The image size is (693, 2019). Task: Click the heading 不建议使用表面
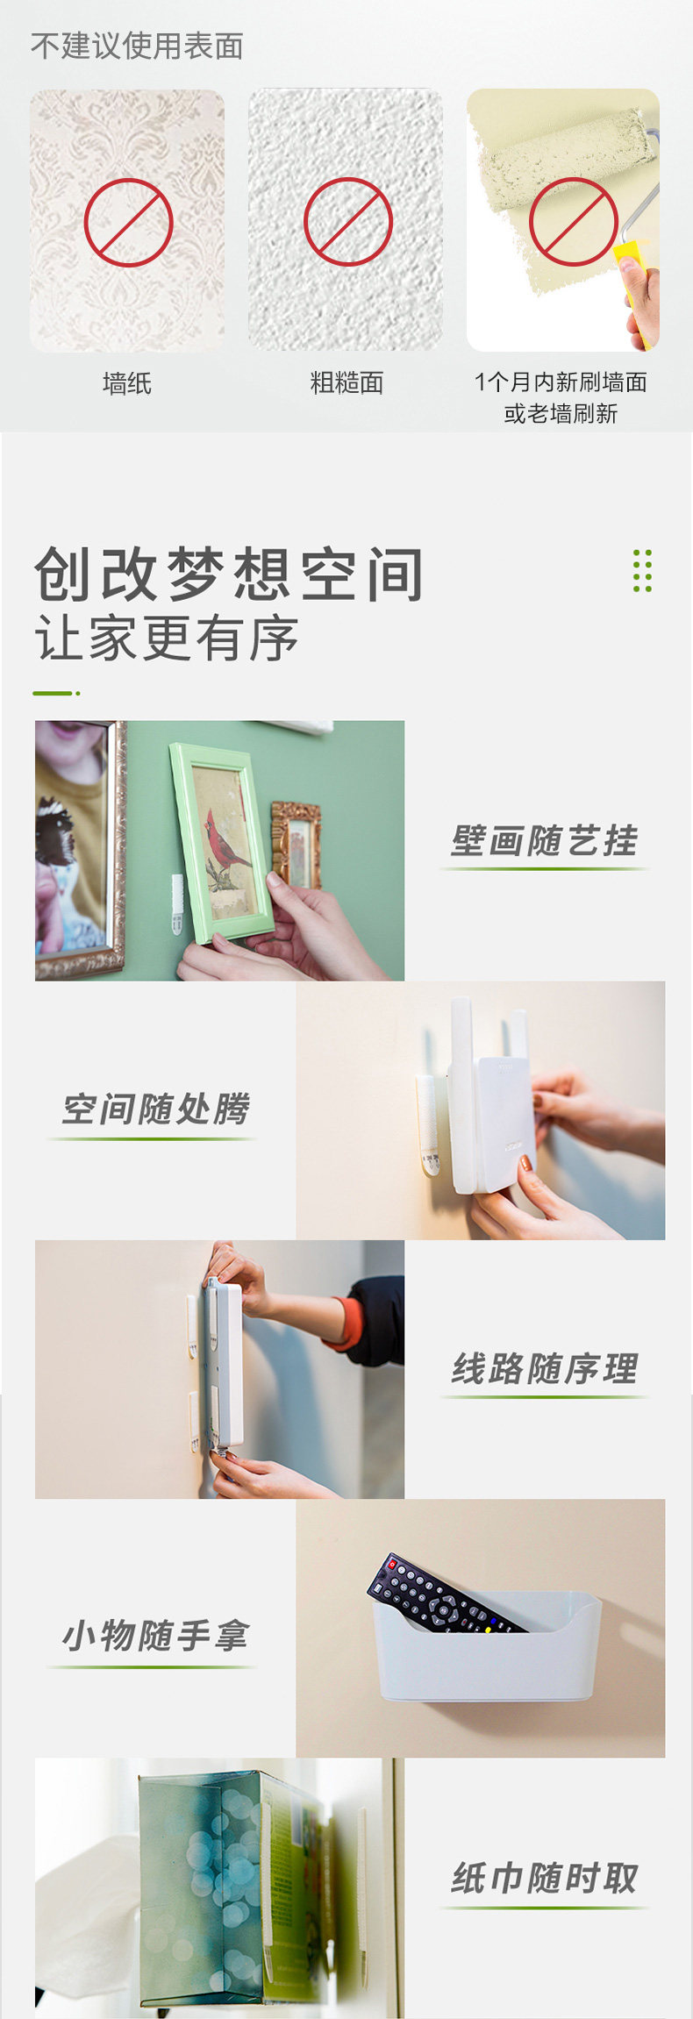coord(137,46)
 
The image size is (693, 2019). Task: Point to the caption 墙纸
coord(127,383)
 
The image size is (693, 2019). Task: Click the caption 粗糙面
coord(346,382)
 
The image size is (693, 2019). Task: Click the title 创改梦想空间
coord(230,574)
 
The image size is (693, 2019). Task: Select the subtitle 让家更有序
coord(167,638)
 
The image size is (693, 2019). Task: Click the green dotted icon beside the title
coord(642,571)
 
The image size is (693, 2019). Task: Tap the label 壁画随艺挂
coord(544,840)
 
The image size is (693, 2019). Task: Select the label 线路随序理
coord(544,1369)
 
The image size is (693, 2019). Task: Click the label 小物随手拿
coord(155,1636)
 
